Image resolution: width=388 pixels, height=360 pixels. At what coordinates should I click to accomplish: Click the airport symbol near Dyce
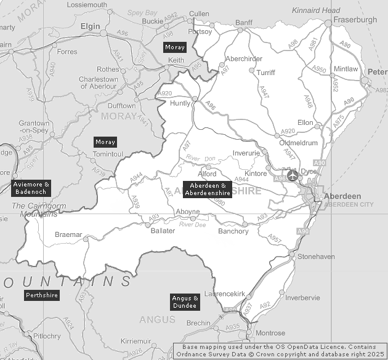pyautogui.click(x=292, y=175)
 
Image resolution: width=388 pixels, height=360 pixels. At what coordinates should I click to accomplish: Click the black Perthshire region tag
pyautogui.click(x=42, y=296)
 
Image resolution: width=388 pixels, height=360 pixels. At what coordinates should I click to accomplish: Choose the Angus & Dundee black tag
pyautogui.click(x=185, y=302)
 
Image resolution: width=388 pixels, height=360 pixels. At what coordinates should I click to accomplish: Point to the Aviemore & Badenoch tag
pyautogui.click(x=31, y=188)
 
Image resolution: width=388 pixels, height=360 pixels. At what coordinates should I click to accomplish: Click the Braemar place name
pyautogui.click(x=68, y=235)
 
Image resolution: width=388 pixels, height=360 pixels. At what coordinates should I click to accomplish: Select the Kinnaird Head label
pyautogui.click(x=316, y=11)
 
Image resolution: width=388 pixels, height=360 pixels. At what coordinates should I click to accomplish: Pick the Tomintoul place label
pyautogui.click(x=108, y=153)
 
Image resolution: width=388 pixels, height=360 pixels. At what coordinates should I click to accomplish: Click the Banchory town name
pyautogui.click(x=233, y=231)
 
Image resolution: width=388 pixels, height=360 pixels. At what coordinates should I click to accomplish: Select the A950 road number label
pyautogui.click(x=319, y=70)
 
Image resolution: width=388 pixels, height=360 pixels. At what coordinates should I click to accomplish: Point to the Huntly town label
pyautogui.click(x=180, y=103)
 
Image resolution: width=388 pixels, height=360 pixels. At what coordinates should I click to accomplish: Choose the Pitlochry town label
pyautogui.click(x=47, y=336)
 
